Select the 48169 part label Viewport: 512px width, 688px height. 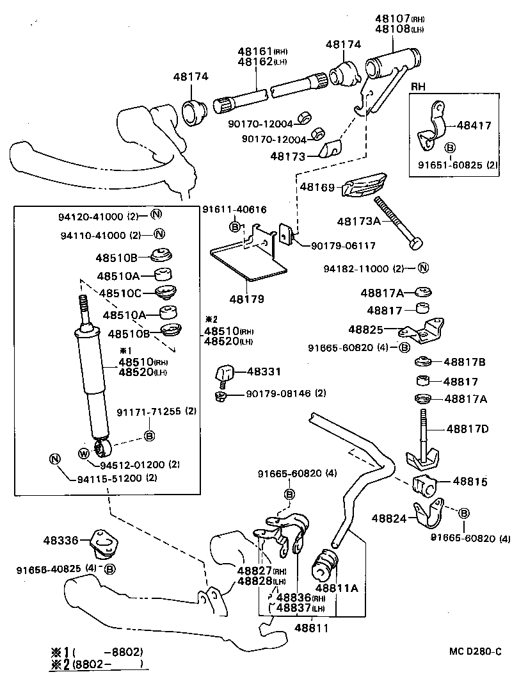(x=317, y=187)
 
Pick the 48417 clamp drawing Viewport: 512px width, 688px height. (x=433, y=126)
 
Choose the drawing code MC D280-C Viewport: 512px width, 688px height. (x=474, y=651)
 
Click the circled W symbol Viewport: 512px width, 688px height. (x=84, y=454)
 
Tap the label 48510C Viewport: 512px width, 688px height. (x=118, y=293)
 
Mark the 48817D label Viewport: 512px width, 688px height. (x=467, y=429)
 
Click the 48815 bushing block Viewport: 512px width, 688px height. (x=423, y=486)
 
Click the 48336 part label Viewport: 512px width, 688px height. (x=60, y=541)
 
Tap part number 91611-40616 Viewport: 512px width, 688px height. (x=234, y=209)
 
